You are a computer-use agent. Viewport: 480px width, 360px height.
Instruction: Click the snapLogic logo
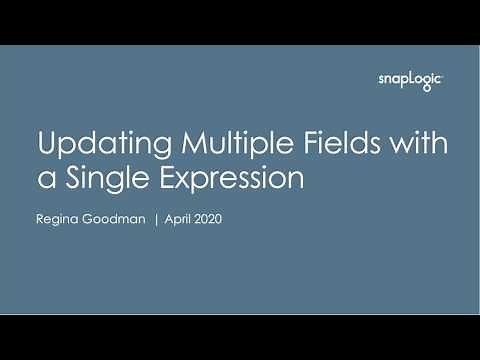(x=410, y=81)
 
